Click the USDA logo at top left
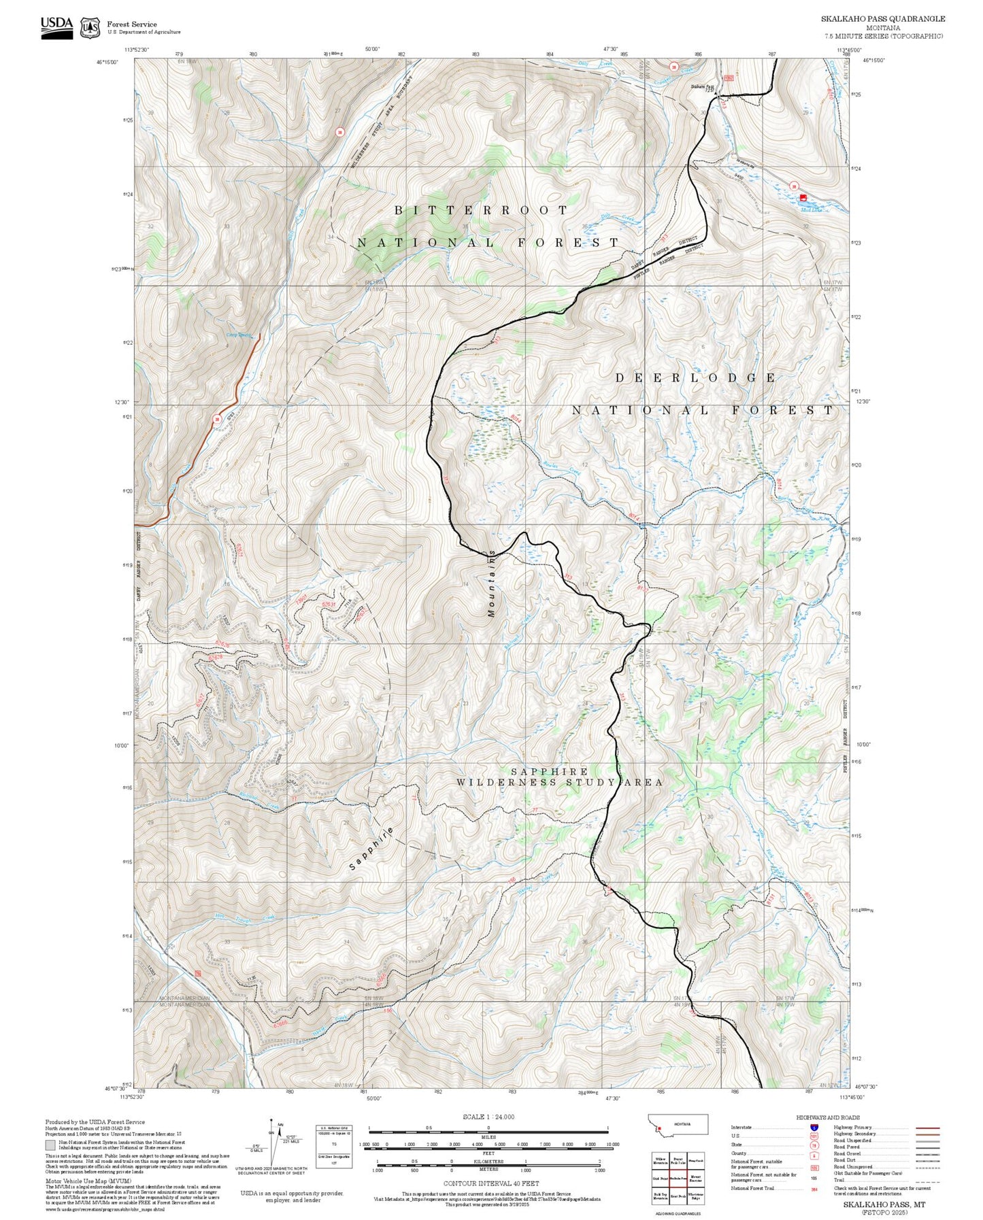click(x=56, y=27)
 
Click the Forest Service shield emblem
click(x=90, y=28)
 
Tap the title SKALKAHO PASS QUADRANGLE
click(x=882, y=19)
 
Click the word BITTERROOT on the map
click(x=481, y=211)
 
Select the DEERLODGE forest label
click(x=695, y=378)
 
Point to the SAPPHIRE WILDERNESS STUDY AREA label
click(x=559, y=777)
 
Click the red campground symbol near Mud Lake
click(x=803, y=198)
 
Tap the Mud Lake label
click(x=811, y=209)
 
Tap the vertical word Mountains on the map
click(x=491, y=583)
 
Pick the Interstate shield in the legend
click(x=813, y=1128)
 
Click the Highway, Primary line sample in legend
click(x=928, y=1128)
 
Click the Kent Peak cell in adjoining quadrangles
click(x=678, y=1195)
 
